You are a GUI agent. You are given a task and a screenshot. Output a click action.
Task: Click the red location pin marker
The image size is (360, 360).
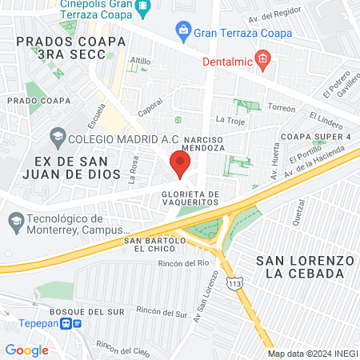pyautogui.click(x=180, y=166)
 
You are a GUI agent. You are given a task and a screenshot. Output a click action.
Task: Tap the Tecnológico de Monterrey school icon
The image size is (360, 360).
pyautogui.click(x=15, y=220)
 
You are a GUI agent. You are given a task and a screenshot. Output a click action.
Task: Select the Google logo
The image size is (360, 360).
pyautogui.click(x=26, y=350)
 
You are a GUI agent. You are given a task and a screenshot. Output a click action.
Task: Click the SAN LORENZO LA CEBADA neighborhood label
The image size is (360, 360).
pyautogui.click(x=304, y=267)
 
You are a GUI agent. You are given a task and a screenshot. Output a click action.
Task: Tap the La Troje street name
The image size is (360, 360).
pyautogui.click(x=230, y=119)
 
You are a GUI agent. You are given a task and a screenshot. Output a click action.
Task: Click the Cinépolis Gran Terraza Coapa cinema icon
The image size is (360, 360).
pyautogui.click(x=143, y=9)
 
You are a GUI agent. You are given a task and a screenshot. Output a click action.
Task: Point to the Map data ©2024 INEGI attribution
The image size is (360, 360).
pyautogui.click(x=312, y=354)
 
